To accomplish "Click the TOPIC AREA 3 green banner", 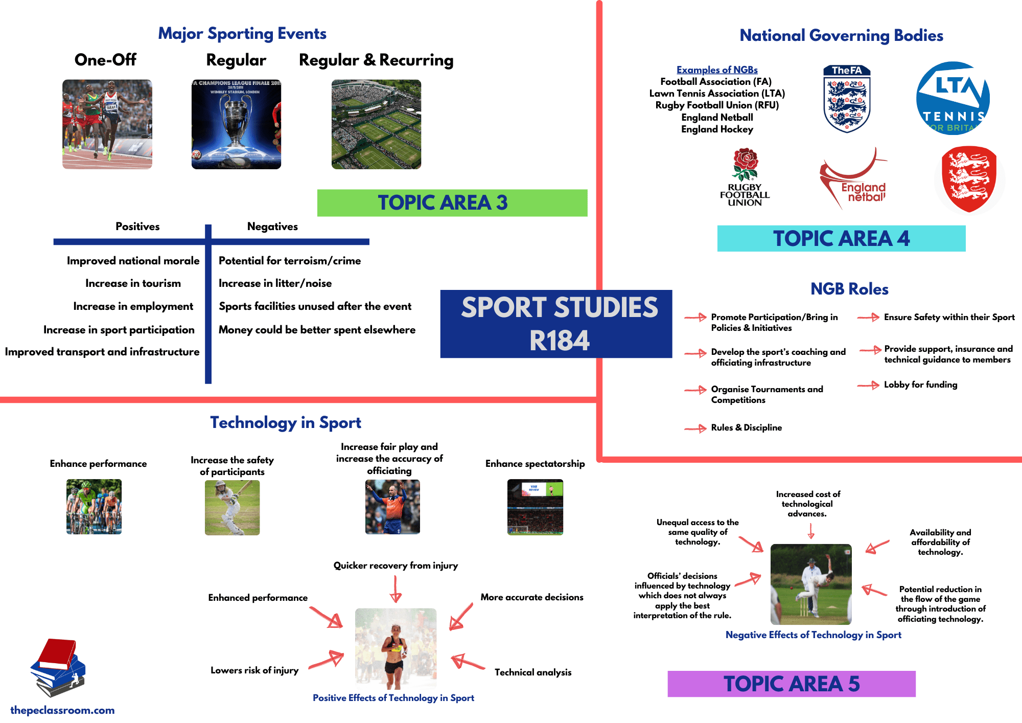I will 452,203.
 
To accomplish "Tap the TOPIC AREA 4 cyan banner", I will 841,238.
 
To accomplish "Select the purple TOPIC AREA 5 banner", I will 791,684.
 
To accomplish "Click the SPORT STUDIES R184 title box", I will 556,324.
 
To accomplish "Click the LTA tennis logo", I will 953,98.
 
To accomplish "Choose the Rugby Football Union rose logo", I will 745,177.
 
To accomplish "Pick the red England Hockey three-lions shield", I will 969,178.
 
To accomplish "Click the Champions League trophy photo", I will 236,124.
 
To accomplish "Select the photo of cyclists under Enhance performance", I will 94,507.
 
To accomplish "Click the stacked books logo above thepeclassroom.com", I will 58,667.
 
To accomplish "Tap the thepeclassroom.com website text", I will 62,710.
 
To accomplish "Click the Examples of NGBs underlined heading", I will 717,70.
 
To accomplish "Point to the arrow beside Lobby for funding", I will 868,385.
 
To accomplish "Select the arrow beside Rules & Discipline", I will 695,428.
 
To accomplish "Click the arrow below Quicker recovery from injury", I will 396,590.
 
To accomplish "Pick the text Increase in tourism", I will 133,283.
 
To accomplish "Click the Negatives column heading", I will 272,227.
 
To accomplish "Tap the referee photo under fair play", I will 392,507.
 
